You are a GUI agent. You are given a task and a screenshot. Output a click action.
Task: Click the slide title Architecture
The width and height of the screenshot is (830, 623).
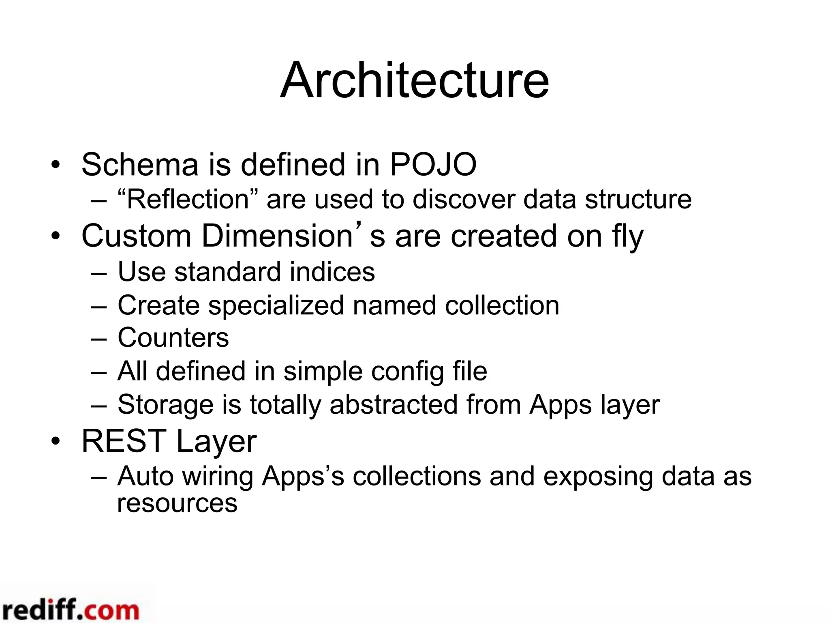414,80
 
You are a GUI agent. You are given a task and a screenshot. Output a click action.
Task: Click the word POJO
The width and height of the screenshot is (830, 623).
433,165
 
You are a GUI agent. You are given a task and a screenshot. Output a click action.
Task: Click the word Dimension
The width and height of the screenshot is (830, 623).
277,236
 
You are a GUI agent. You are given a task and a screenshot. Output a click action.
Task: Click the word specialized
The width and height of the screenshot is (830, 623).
276,306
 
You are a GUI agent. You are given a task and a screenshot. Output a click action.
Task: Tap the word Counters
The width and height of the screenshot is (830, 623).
173,338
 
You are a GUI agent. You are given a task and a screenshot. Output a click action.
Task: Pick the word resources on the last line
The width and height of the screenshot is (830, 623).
177,504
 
